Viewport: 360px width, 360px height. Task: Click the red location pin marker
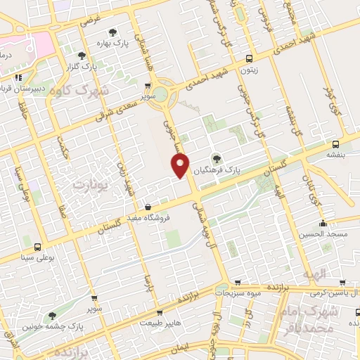click(x=181, y=167)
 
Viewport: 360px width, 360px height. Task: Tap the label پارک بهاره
click(x=113, y=43)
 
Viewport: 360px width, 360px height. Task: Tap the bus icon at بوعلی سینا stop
click(x=38, y=247)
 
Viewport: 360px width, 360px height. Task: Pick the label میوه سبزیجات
click(x=238, y=292)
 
